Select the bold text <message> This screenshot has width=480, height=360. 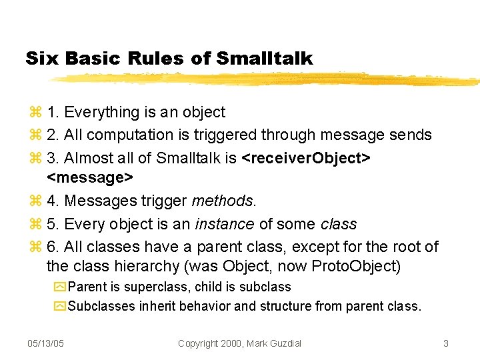[90, 177]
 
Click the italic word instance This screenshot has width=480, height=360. [221, 224]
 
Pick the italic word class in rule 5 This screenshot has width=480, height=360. [338, 224]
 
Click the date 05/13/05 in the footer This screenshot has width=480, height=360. [45, 343]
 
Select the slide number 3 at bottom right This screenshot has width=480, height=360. [445, 343]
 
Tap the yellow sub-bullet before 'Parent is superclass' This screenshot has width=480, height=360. [60, 287]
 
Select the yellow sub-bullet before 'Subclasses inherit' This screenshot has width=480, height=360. [60, 307]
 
